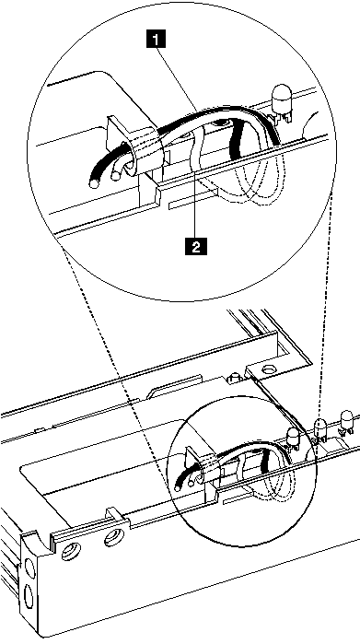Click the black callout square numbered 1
[x=160, y=39]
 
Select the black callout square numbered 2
[x=194, y=246]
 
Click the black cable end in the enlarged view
[x=93, y=182]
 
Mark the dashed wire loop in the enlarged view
[x=258, y=180]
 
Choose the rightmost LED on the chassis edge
[x=349, y=417]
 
